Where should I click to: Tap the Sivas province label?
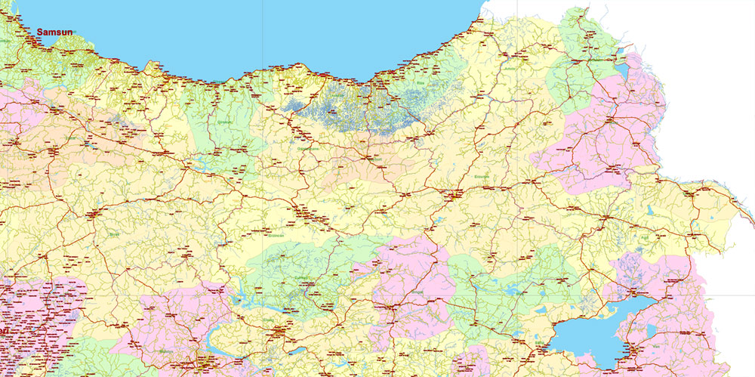(115, 235)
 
